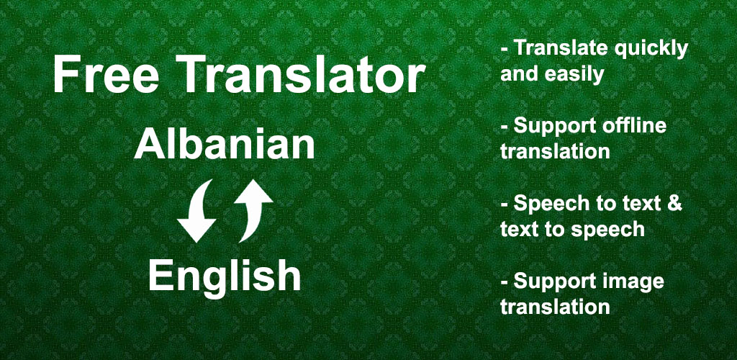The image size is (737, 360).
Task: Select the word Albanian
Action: point(225,144)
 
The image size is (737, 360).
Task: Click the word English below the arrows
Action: point(225,276)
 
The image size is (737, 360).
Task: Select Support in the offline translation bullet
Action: point(548,127)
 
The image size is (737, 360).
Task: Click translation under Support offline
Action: point(555,152)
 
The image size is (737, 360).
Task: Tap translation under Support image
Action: point(555,307)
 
